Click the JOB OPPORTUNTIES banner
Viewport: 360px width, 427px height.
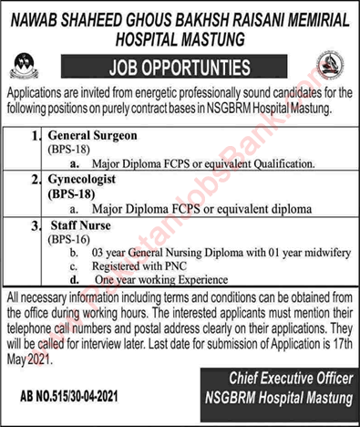[x=180, y=68]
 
